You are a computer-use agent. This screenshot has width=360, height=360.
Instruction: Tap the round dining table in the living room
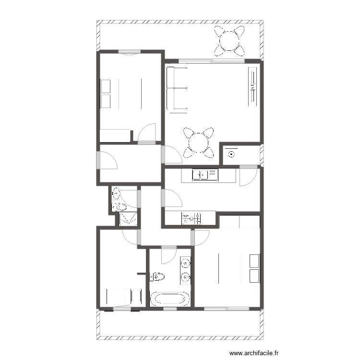pyautogui.click(x=197, y=142)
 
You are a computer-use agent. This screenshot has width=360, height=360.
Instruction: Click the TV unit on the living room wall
pyautogui.click(x=252, y=87)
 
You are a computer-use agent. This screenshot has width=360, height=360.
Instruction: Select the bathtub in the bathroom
pyautogui.click(x=169, y=299)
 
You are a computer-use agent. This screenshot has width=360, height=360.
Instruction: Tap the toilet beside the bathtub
pyautogui.click(x=157, y=276)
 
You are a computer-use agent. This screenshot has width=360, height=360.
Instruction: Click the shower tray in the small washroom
pyautogui.click(x=128, y=219)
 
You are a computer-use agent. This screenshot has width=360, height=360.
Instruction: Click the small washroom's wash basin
pyautogui.click(x=116, y=194)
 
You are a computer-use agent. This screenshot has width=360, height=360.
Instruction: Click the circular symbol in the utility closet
pyautogui.click(x=232, y=154)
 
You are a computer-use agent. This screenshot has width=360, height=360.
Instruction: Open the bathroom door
pyautogui.click(x=169, y=254)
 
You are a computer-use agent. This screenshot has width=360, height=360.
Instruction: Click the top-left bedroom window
pyautogui.click(x=129, y=52)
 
